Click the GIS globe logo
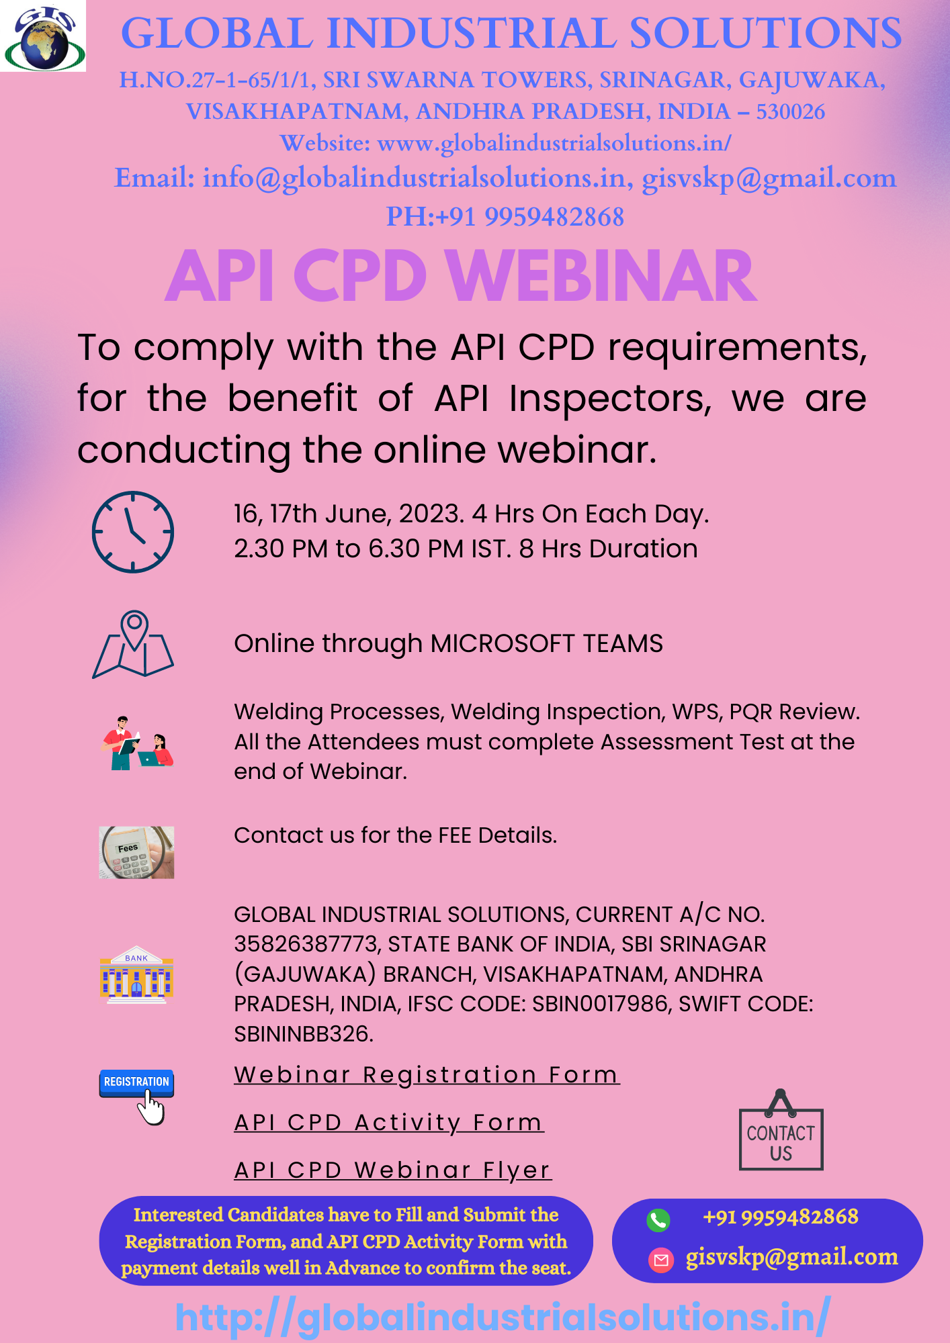tap(43, 36)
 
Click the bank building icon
tap(136, 974)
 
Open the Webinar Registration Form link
tap(427, 1074)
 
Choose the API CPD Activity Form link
tap(389, 1122)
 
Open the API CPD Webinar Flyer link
tap(393, 1170)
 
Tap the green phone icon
tap(658, 1219)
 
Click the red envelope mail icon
tap(661, 1260)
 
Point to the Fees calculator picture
tap(136, 852)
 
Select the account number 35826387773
tap(307, 944)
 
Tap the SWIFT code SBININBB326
tap(302, 1033)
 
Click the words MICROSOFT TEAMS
tap(546, 643)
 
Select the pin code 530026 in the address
tap(791, 111)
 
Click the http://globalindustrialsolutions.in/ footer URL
tap(503, 1317)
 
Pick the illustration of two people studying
tap(137, 743)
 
